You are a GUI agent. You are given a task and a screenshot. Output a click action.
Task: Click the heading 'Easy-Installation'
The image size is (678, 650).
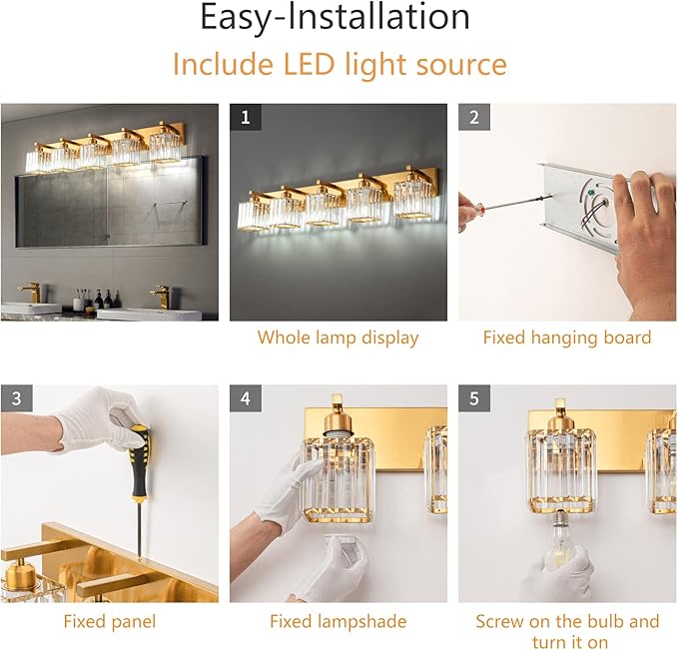335,18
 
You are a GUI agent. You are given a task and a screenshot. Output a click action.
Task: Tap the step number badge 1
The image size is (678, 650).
246,118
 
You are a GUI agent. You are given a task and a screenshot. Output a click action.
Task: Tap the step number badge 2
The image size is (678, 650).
474,118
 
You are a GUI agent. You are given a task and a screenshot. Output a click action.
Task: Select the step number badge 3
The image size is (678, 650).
16,398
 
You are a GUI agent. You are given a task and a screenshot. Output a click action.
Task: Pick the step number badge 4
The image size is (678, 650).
246,398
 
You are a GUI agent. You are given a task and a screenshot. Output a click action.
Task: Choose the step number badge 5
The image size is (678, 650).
474,398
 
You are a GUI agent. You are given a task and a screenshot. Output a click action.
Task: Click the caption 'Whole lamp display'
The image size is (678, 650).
338,337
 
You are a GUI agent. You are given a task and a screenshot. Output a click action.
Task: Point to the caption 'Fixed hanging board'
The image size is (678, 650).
566,337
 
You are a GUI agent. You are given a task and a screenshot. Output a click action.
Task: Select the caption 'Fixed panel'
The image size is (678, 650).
109,621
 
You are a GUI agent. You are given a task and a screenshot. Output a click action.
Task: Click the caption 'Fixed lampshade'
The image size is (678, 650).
338,621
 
